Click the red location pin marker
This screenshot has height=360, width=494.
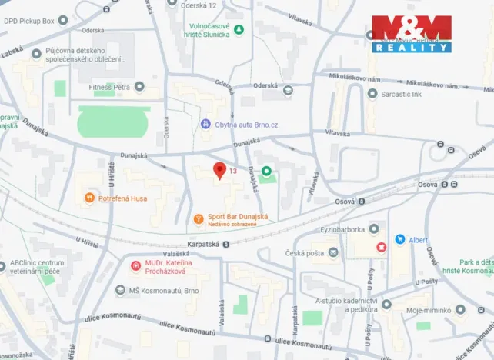[219, 171]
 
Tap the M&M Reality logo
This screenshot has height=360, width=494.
[412, 34]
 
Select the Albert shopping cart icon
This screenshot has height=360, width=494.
[400, 239]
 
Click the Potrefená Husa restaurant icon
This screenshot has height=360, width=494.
[89, 198]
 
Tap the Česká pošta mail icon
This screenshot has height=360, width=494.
[333, 252]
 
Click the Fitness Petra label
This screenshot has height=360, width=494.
[109, 87]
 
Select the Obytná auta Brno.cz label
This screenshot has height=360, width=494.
[245, 124]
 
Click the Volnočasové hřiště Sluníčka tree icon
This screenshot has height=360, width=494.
[239, 29]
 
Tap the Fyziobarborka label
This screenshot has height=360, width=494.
[341, 229]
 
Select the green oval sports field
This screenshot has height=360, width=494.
[115, 122]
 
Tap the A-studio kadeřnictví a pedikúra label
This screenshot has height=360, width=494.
[346, 304]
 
